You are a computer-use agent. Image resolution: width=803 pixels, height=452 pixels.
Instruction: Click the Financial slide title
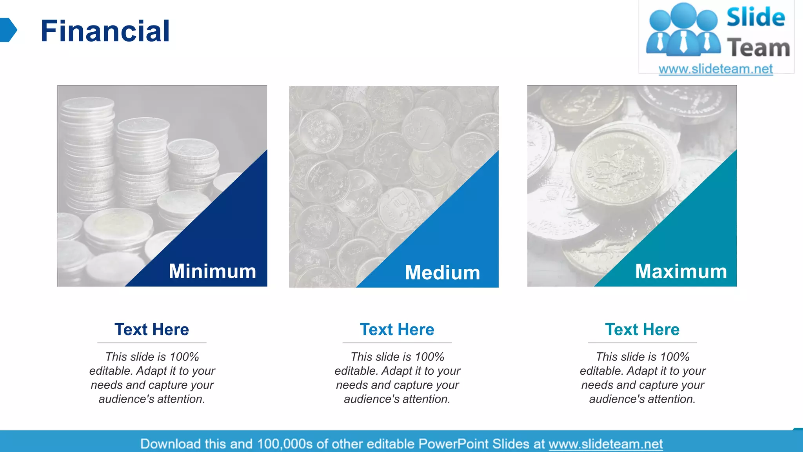pyautogui.click(x=105, y=31)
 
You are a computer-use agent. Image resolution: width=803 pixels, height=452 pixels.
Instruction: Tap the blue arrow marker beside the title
pyautogui.click(x=8, y=30)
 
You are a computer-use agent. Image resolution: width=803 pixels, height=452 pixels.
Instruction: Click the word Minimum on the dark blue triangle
pyautogui.click(x=212, y=271)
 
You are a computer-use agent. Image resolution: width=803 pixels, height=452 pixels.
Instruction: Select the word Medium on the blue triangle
pyautogui.click(x=442, y=273)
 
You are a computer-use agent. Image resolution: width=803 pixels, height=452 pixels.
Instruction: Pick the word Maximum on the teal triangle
pyautogui.click(x=681, y=271)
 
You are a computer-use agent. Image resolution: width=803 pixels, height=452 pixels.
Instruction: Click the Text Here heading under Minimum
pyautogui.click(x=152, y=330)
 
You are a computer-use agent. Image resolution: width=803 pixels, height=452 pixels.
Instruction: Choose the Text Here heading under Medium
pyautogui.click(x=397, y=330)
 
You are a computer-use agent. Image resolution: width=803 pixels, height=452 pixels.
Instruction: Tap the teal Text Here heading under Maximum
pyautogui.click(x=642, y=330)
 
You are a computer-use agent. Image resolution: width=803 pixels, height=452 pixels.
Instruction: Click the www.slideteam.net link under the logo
pyautogui.click(x=716, y=69)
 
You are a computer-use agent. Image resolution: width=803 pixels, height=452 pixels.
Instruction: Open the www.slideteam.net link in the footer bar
pyautogui.click(x=605, y=444)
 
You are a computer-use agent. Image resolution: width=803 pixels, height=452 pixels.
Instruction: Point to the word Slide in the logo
pyautogui.click(x=756, y=18)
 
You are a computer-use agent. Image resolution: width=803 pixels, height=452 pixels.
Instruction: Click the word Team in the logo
pyautogui.click(x=758, y=48)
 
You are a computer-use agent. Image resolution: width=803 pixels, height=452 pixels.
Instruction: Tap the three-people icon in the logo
pyautogui.click(x=683, y=29)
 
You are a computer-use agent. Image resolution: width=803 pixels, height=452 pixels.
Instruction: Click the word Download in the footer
pyautogui.click(x=170, y=444)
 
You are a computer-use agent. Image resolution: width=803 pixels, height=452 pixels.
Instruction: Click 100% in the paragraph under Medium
pyautogui.click(x=429, y=357)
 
